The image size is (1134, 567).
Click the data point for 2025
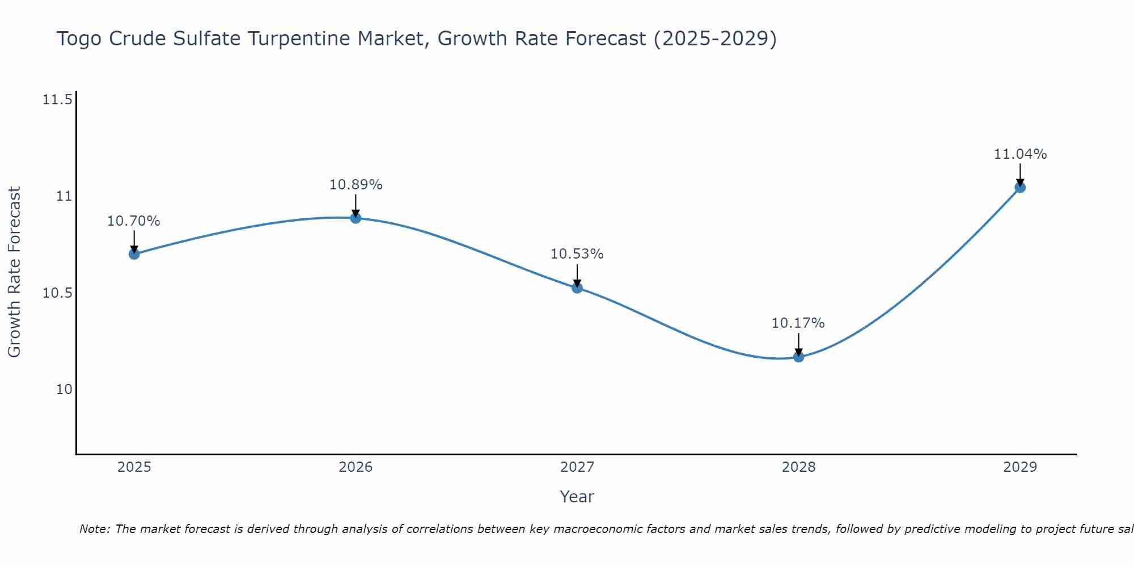click(134, 254)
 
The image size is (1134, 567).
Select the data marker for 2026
click(356, 218)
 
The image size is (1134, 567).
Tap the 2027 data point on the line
click(577, 287)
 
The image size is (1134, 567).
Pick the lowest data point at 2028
click(798, 357)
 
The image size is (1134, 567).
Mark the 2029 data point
click(1020, 187)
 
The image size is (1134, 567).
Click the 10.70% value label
click(134, 221)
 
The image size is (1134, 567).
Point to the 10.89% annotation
click(356, 185)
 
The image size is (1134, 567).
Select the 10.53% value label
click(577, 254)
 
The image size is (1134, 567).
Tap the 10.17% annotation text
click(798, 323)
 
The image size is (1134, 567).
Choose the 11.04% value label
click(1020, 154)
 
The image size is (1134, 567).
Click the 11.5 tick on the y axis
click(57, 100)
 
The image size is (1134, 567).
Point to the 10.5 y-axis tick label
click(57, 293)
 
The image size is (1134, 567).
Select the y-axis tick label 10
click(64, 390)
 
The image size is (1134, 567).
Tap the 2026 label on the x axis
click(356, 467)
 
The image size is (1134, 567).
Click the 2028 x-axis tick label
click(798, 467)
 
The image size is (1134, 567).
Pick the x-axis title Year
click(577, 497)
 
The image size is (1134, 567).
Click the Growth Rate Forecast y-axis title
click(15, 272)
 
